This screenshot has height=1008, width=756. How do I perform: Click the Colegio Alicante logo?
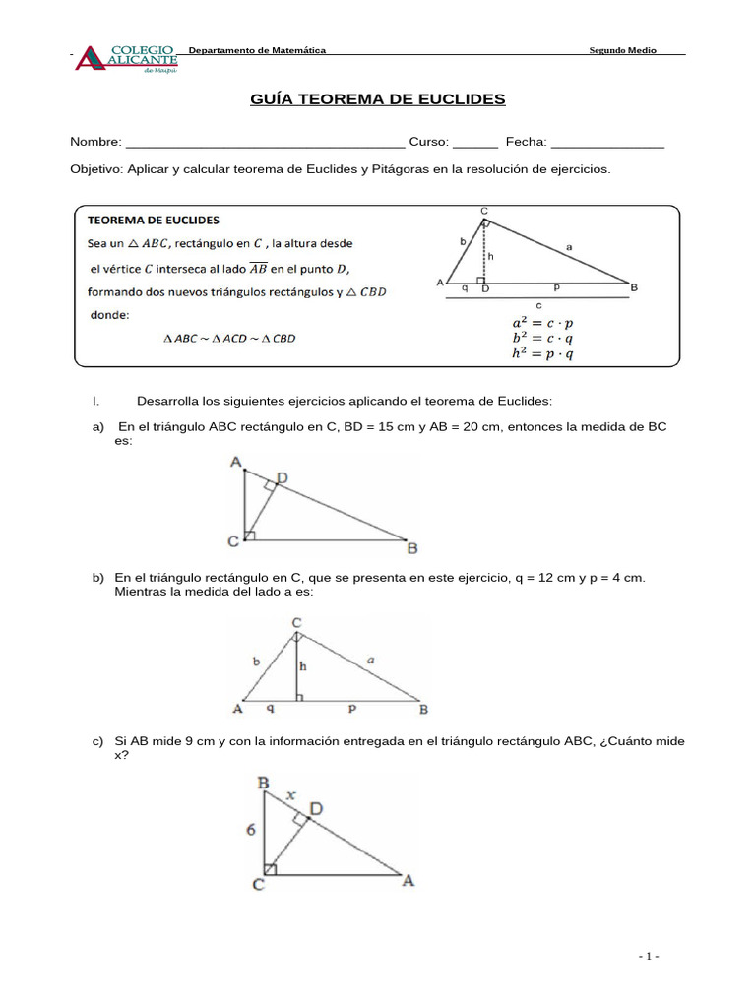(127, 58)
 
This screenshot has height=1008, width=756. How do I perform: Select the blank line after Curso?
(475, 144)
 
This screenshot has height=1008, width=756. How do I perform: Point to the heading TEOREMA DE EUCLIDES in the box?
(155, 220)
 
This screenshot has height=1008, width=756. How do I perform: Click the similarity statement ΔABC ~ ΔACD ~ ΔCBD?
(229, 339)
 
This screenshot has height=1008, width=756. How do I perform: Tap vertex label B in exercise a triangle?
(412, 548)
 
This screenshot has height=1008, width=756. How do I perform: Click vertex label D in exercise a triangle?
(282, 478)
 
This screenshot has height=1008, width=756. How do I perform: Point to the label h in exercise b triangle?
(304, 666)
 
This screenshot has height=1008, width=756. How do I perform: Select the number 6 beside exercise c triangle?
(251, 830)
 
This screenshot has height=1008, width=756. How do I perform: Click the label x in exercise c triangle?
(289, 795)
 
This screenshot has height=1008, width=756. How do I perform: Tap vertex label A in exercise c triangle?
(408, 882)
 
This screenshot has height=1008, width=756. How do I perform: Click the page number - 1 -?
(648, 956)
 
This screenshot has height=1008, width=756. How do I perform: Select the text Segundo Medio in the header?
(622, 50)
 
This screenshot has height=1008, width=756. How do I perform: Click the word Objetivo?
(96, 169)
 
